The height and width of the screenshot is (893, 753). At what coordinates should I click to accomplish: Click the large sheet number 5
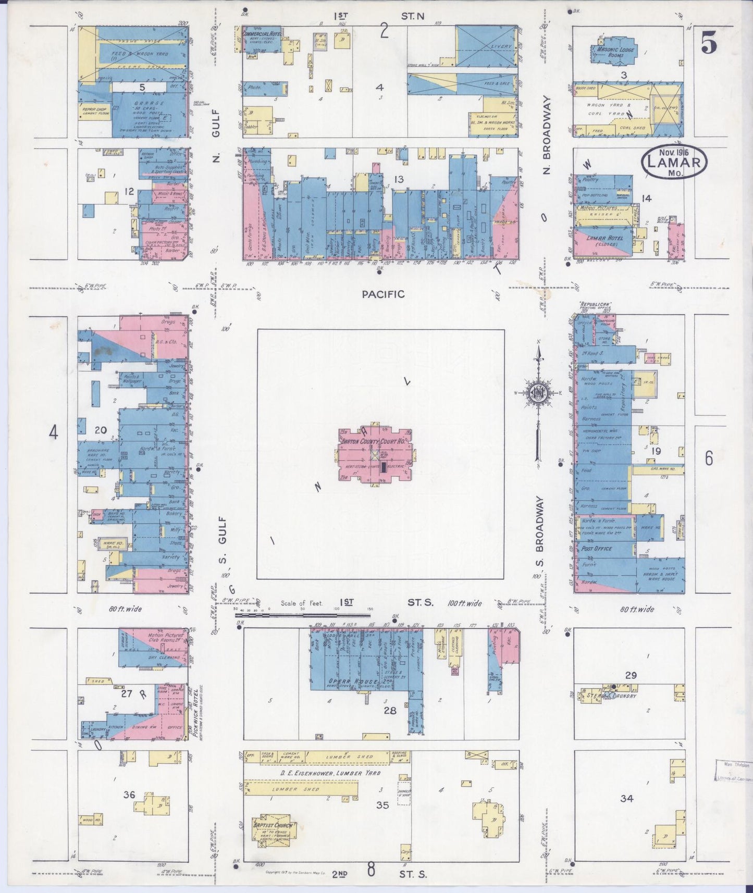tap(708, 44)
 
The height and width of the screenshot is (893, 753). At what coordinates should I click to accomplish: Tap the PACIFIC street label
tap(383, 294)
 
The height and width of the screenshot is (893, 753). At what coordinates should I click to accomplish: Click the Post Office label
tap(597, 549)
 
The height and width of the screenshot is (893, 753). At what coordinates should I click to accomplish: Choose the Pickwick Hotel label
tap(195, 712)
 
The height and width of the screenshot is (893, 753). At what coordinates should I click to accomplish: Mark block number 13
tap(399, 180)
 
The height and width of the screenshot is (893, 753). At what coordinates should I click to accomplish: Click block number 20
tap(101, 430)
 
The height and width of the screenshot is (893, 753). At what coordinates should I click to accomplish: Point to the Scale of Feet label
tap(302, 603)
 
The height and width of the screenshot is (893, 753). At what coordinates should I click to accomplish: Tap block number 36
tap(129, 795)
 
